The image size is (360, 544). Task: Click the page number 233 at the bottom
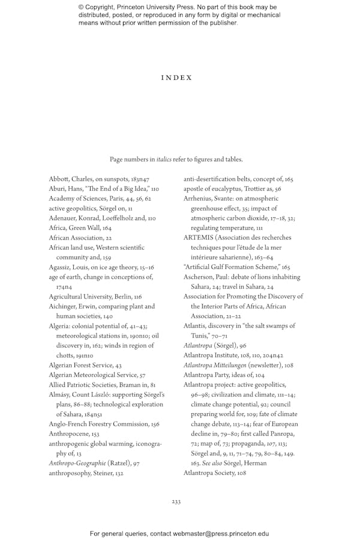click(x=176, y=501)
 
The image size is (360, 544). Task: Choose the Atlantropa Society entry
click(x=215, y=456)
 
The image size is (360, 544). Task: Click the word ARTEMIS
click(x=198, y=238)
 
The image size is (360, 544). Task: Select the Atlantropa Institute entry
click(x=227, y=355)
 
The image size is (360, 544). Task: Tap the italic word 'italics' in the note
click(x=164, y=160)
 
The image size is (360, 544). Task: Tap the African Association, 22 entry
click(x=80, y=238)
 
